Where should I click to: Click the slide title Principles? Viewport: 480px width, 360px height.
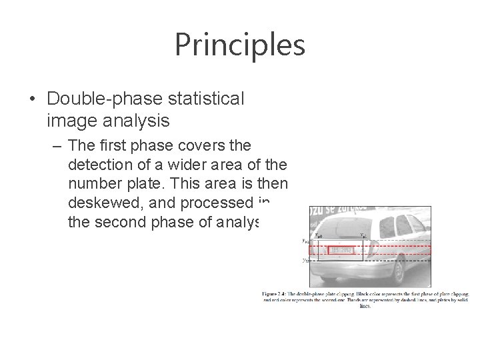pyautogui.click(x=240, y=45)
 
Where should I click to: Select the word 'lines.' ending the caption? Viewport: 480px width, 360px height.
pyautogui.click(x=365, y=307)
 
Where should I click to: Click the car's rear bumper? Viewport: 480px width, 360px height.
pyautogui.click(x=347, y=269)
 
